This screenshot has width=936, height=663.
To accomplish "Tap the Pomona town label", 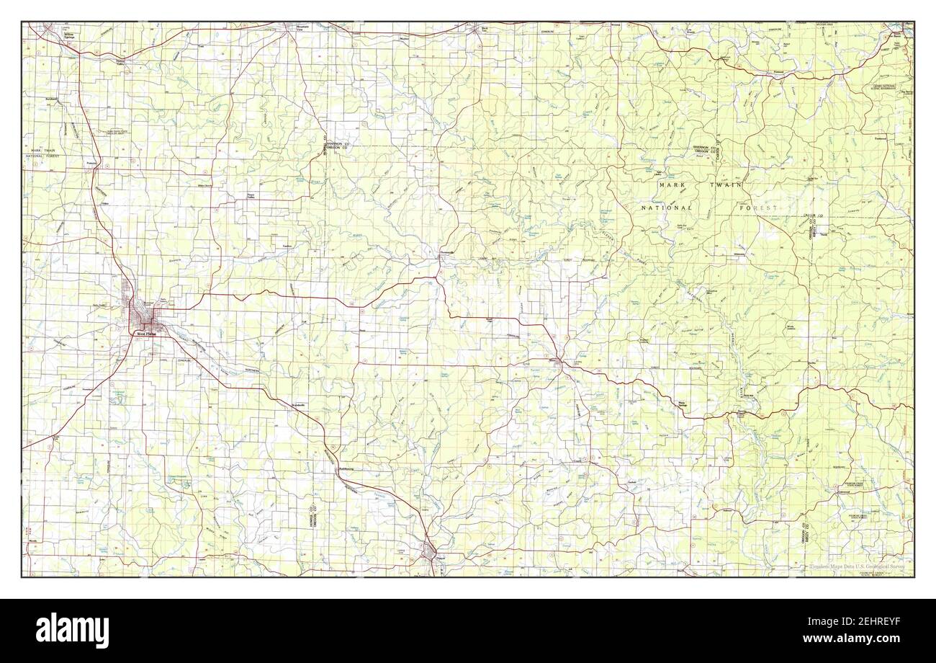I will click(x=91, y=163).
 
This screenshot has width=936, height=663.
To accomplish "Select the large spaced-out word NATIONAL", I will click(x=667, y=208).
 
